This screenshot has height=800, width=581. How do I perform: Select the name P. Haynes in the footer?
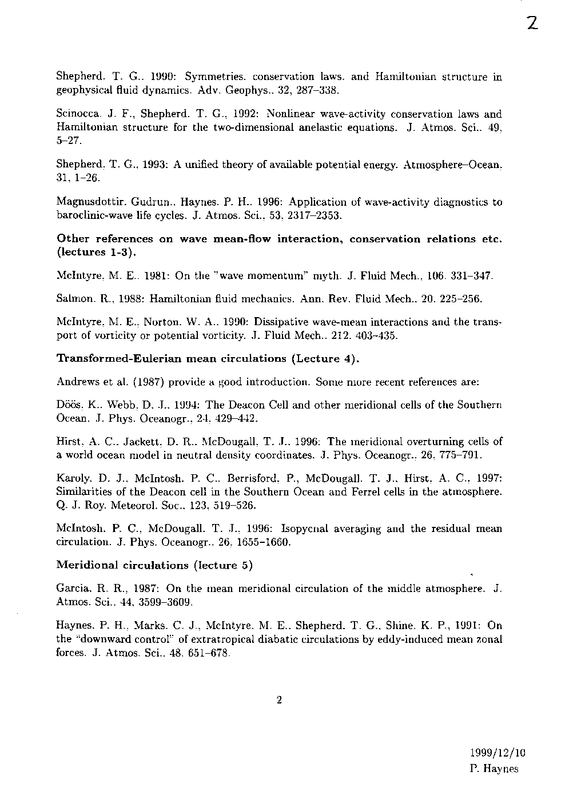(x=493, y=769)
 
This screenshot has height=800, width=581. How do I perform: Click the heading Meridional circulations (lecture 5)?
(x=155, y=565)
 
